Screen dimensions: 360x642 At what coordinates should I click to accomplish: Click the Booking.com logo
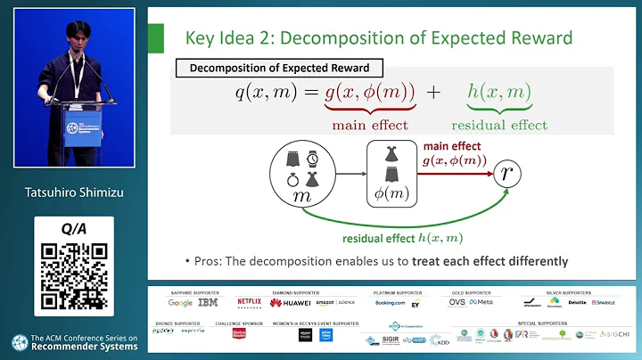390,302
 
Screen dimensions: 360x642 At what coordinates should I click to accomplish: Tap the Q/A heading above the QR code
73,229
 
